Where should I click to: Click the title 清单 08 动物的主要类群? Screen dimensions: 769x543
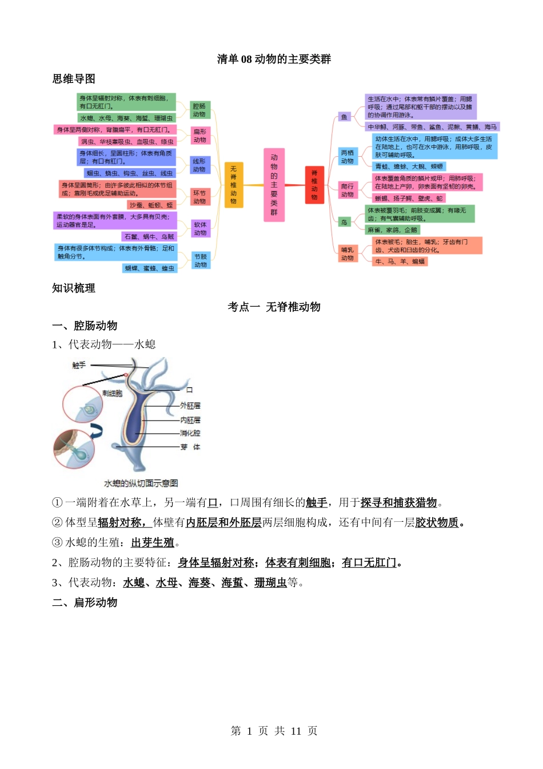pos(274,59)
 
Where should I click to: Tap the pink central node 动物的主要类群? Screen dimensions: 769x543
pos(274,185)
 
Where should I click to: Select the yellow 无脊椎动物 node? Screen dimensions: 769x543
pos(233,185)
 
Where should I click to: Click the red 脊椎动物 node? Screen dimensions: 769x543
pos(314,185)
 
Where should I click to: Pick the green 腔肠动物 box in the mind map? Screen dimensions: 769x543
pos(199,110)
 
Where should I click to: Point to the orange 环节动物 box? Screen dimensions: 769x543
pos(199,197)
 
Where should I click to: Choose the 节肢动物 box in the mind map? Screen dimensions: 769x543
pos(201,260)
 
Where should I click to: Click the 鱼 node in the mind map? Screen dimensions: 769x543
pos(344,117)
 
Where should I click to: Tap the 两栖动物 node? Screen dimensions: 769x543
pos(348,157)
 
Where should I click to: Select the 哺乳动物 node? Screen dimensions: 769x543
pos(348,253)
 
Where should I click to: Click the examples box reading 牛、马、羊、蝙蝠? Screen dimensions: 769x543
pos(400,261)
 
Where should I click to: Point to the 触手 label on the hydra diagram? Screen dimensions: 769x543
pos(79,365)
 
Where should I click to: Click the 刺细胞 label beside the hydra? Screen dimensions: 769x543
pos(112,393)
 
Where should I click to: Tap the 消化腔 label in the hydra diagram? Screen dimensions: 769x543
pos(190,433)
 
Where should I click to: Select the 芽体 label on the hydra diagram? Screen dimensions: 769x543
pos(190,447)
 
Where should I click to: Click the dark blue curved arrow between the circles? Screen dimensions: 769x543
pos(97,430)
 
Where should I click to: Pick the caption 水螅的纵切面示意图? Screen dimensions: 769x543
pos(141,483)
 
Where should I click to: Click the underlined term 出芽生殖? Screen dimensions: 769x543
pos(153,542)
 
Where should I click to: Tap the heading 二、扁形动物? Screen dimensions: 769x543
pos(85,602)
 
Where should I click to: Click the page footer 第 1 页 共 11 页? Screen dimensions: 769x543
pos(274,731)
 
